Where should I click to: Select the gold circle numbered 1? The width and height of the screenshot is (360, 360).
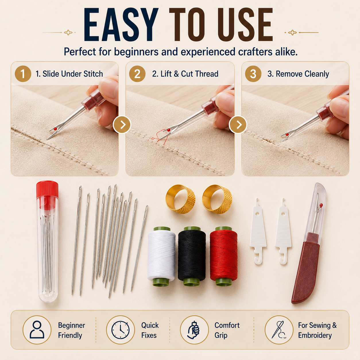tap(23, 73)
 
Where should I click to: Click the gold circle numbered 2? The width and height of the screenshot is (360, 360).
tap(137, 73)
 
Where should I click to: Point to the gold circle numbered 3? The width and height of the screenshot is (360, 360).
tap(253, 73)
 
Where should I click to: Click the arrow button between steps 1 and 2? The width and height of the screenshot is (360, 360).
tap(122, 125)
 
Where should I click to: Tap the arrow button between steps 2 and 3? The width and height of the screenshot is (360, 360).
tap(238, 125)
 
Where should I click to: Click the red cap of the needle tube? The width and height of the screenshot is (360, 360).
tap(47, 189)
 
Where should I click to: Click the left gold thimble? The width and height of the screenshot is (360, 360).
tap(181, 199)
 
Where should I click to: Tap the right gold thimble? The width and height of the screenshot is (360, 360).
tap(217, 199)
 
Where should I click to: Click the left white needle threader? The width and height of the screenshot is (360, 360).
tap(258, 232)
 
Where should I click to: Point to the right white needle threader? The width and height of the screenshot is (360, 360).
tap(283, 232)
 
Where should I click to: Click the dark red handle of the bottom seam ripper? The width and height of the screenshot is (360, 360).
tap(305, 267)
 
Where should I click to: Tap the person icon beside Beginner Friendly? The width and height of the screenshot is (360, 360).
tap(37, 330)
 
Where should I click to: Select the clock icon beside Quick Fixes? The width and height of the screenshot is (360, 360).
tap(120, 330)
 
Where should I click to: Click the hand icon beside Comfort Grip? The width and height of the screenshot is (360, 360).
tap(194, 330)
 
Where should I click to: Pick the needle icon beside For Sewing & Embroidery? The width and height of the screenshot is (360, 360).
tap(278, 330)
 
